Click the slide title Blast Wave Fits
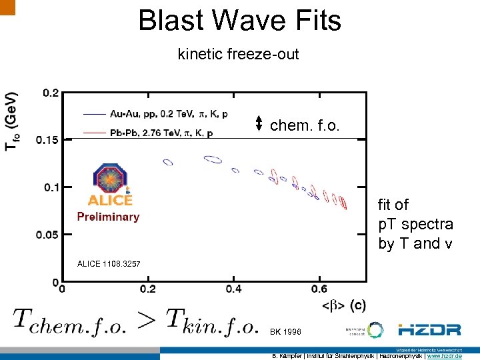239,20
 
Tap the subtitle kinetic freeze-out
238,55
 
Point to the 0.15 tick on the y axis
47,140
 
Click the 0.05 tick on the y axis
47,235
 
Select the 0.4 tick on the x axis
233,289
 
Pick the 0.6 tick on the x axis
319,289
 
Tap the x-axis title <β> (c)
343,305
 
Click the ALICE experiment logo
109,185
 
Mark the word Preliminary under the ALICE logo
108,217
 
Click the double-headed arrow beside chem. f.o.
259,123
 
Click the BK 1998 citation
285,331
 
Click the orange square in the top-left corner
7,7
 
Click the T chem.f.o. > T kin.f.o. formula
135,321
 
